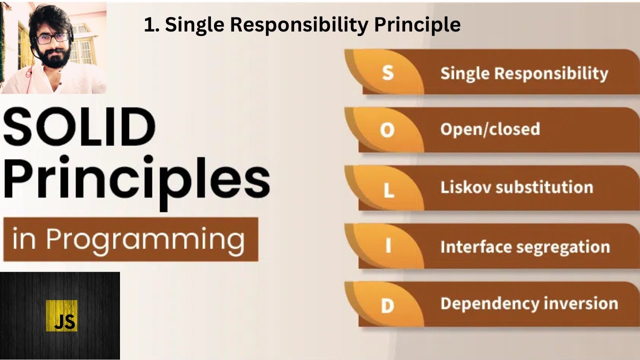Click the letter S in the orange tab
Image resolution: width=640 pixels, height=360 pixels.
(x=387, y=73)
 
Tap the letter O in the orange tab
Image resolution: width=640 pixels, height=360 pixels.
(x=387, y=130)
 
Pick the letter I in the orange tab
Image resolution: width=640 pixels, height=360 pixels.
(x=388, y=246)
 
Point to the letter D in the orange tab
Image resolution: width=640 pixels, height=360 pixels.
(x=387, y=304)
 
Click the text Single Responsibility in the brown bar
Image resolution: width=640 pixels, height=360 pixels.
(x=524, y=73)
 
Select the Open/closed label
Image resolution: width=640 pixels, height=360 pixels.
(x=490, y=129)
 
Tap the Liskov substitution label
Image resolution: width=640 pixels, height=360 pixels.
(x=516, y=187)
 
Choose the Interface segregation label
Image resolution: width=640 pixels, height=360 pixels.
(x=525, y=247)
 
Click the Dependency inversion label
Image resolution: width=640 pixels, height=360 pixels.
(x=529, y=304)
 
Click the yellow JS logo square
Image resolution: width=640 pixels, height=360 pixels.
(x=61, y=315)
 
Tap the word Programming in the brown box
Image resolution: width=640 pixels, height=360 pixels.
(x=145, y=240)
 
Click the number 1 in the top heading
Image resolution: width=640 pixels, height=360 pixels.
(x=149, y=24)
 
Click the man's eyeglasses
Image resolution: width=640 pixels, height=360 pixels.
(x=52, y=38)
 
